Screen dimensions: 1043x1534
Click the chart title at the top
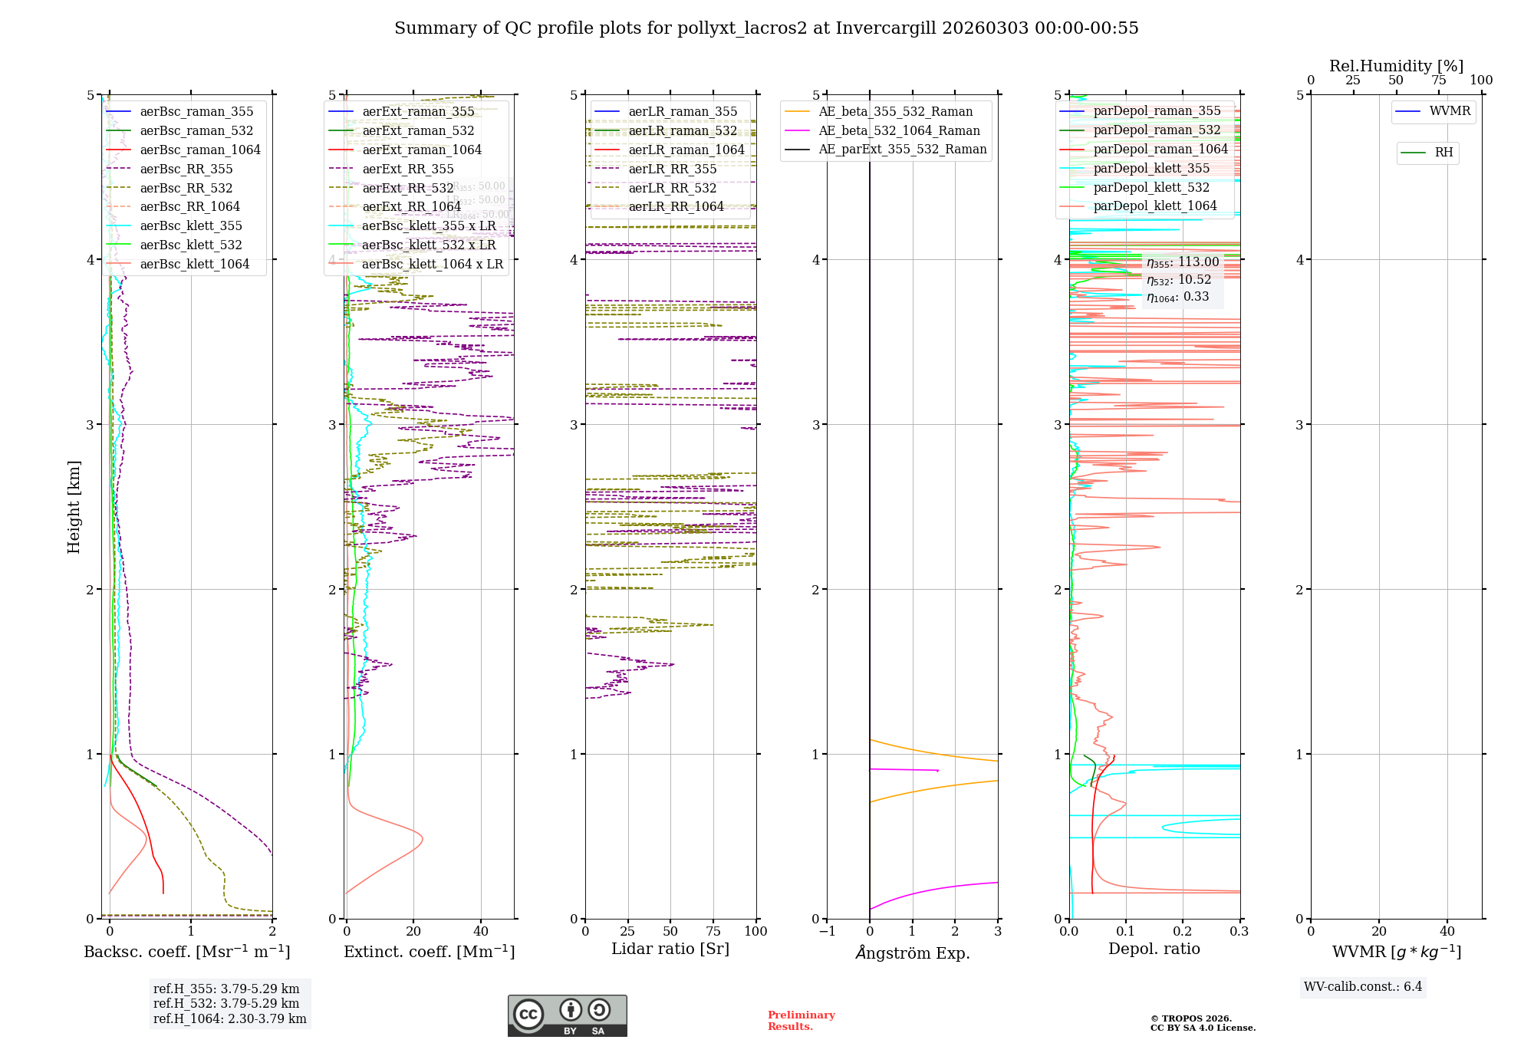pyautogui.click(x=766, y=28)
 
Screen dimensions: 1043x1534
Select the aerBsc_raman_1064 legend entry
pyautogui.click(x=200, y=150)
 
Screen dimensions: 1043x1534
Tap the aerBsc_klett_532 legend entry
pyautogui.click(x=191, y=245)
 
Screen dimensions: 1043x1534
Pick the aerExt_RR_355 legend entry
pyautogui.click(x=408, y=169)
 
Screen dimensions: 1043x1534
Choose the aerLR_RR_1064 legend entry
pyautogui.click(x=676, y=206)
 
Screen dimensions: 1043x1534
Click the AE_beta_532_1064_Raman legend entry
pyautogui.click(x=899, y=130)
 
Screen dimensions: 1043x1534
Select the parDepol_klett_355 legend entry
pyautogui.click(x=1151, y=168)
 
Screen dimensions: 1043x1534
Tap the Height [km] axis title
pyautogui.click(x=74, y=507)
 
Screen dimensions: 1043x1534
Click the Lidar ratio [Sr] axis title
pyautogui.click(x=670, y=949)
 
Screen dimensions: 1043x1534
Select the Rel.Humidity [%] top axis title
pyautogui.click(x=1396, y=66)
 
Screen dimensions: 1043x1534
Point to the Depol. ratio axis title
pyautogui.click(x=1154, y=949)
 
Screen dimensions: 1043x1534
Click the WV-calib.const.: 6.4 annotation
pyautogui.click(x=1363, y=986)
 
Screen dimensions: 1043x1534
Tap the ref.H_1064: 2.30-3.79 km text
pyautogui.click(x=230, y=1018)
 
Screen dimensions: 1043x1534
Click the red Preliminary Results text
pyautogui.click(x=801, y=1021)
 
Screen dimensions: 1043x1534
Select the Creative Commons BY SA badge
pyautogui.click(x=567, y=1015)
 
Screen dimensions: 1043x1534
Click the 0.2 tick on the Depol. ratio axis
pyautogui.click(x=1183, y=931)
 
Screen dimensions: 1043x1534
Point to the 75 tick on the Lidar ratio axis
pyautogui.click(x=713, y=931)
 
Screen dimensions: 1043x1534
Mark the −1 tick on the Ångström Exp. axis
pyautogui.click(x=827, y=931)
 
